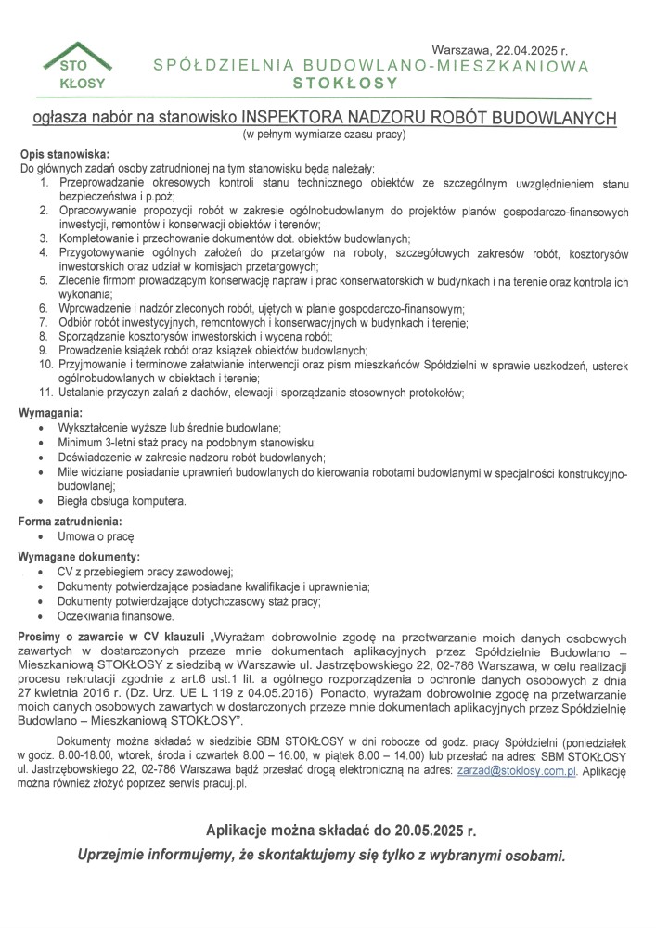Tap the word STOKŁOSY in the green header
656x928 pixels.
coord(344,83)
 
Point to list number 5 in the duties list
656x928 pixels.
coord(43,279)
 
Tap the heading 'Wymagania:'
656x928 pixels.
coord(52,411)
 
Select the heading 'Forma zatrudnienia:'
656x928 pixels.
coord(71,521)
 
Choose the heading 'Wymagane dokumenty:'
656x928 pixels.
coord(78,556)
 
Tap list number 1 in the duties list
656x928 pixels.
coord(43,184)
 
